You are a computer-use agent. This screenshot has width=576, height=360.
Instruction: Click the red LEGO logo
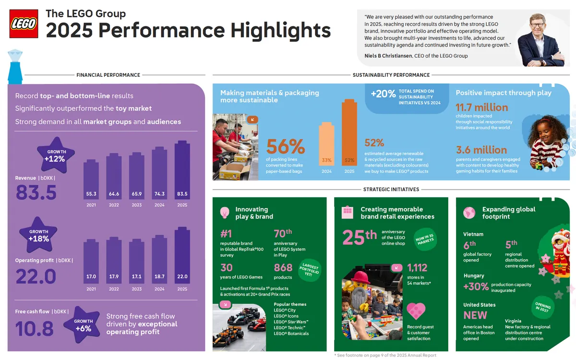click(x=24, y=24)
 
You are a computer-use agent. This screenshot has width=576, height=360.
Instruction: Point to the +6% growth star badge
click(x=84, y=324)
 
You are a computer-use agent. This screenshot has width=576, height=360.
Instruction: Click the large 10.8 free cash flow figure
click(x=35, y=329)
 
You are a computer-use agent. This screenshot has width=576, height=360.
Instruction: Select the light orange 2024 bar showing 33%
click(x=326, y=146)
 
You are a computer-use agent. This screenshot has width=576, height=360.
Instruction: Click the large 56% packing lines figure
click(x=286, y=147)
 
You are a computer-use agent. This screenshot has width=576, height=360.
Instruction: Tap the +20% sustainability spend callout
click(x=383, y=94)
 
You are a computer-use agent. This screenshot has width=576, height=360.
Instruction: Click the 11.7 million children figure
click(x=481, y=108)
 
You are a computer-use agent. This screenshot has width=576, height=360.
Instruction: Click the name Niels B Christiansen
click(x=388, y=56)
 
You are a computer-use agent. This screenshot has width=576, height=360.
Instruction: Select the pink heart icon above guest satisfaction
click(x=416, y=311)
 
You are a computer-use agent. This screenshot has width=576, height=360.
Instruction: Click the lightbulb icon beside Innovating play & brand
click(x=224, y=212)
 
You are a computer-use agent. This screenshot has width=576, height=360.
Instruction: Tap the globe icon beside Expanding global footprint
click(x=469, y=212)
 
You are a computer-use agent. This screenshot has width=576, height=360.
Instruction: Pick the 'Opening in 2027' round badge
click(x=543, y=307)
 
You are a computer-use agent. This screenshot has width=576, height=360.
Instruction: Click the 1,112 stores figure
click(x=417, y=268)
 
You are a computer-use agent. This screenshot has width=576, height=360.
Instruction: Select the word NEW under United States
click(x=475, y=315)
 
